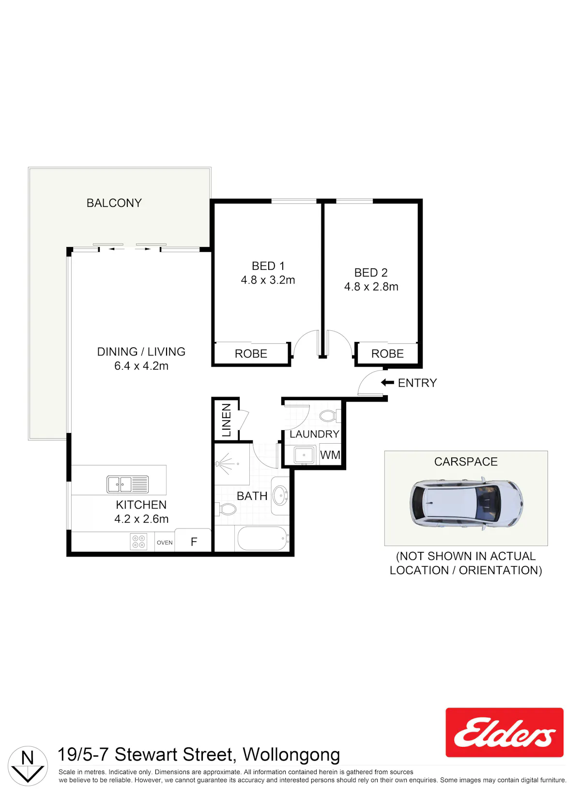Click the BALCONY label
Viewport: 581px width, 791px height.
pos(114,203)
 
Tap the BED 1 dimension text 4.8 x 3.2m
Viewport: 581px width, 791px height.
pos(268,280)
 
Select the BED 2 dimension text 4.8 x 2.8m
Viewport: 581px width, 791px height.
pos(371,287)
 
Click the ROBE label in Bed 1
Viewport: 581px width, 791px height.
pos(251,354)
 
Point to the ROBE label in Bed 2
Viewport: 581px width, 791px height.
pos(387,354)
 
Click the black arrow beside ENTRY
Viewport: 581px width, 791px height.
pos(387,383)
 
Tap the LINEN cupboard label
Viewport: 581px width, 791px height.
pos(226,420)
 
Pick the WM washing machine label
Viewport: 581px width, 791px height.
pos(330,455)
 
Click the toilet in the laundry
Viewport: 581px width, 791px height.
pos(330,416)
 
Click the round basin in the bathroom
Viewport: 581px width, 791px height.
pos(281,496)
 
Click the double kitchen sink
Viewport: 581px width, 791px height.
pos(127,484)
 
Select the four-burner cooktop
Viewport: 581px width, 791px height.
pos(138,542)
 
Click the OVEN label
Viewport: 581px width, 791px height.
pos(165,543)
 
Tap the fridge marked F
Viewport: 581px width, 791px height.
pos(194,541)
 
